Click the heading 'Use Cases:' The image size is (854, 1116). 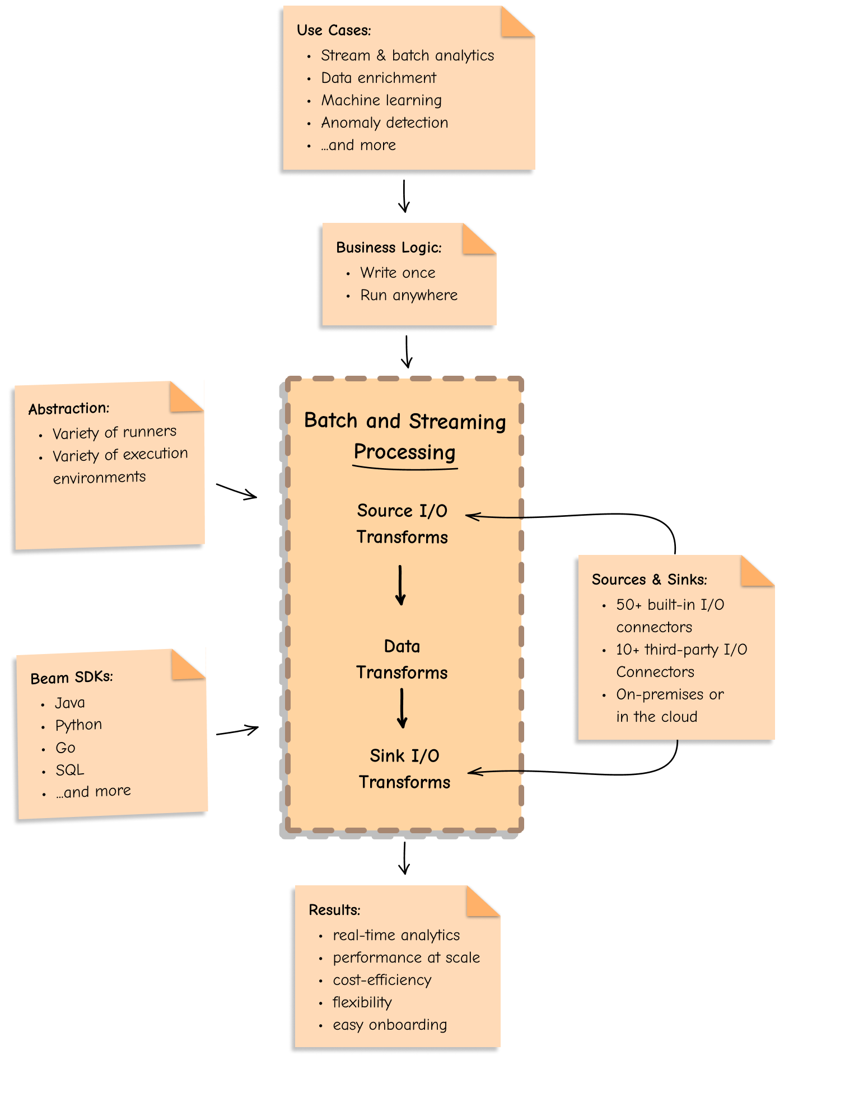tap(334, 30)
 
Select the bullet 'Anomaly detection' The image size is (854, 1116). tap(384, 123)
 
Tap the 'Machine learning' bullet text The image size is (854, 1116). tap(381, 100)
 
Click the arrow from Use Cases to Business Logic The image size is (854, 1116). tap(404, 196)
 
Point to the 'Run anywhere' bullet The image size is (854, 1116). tap(408, 295)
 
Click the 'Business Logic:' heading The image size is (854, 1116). tap(389, 248)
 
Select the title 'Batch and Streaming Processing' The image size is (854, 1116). tap(404, 436)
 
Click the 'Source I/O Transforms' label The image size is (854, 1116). tap(402, 524)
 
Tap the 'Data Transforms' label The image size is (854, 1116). tap(402, 659)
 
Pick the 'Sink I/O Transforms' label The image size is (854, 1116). tap(404, 768)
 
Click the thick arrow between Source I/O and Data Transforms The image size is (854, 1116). tap(400, 585)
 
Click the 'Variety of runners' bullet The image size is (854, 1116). tap(114, 432)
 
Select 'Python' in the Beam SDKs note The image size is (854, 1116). tap(78, 725)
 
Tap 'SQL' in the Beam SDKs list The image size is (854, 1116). tap(69, 770)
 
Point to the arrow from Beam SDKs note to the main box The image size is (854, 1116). tap(237, 731)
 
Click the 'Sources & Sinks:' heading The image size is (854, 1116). tap(649, 580)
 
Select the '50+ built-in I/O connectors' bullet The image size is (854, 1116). tap(670, 615)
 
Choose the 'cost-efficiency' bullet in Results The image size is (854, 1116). tap(382, 980)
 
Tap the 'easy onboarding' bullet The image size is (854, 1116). tap(390, 1025)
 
